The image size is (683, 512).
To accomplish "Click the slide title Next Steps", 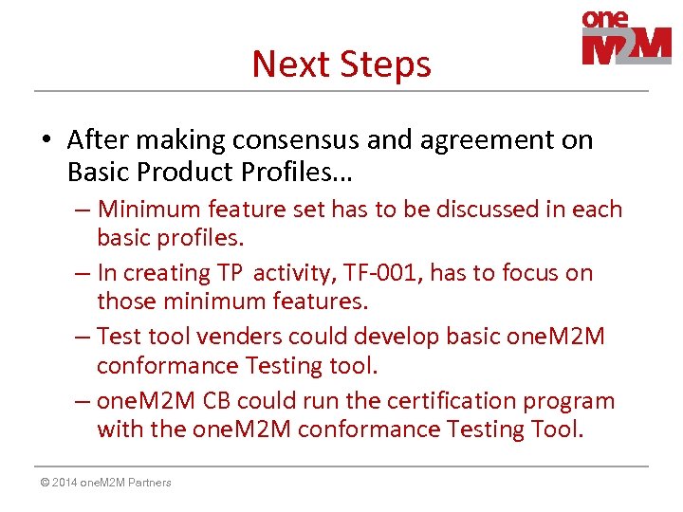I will click(341, 64).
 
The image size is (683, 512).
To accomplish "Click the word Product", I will click(179, 172).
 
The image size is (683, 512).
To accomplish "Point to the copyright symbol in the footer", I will click(45, 483).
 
